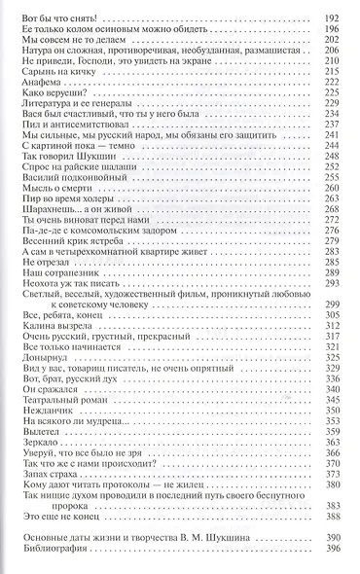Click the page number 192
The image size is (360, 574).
[x=331, y=18]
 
